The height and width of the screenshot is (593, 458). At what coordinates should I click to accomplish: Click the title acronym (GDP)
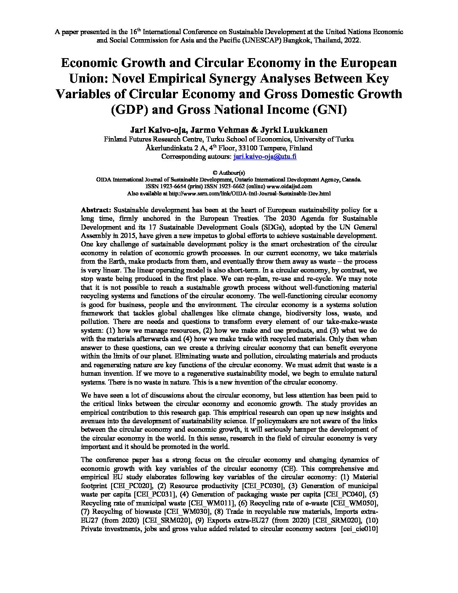[129, 110]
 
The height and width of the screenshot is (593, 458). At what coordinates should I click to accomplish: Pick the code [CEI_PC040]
[345, 494]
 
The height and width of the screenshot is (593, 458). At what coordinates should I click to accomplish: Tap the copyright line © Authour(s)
[229, 172]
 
